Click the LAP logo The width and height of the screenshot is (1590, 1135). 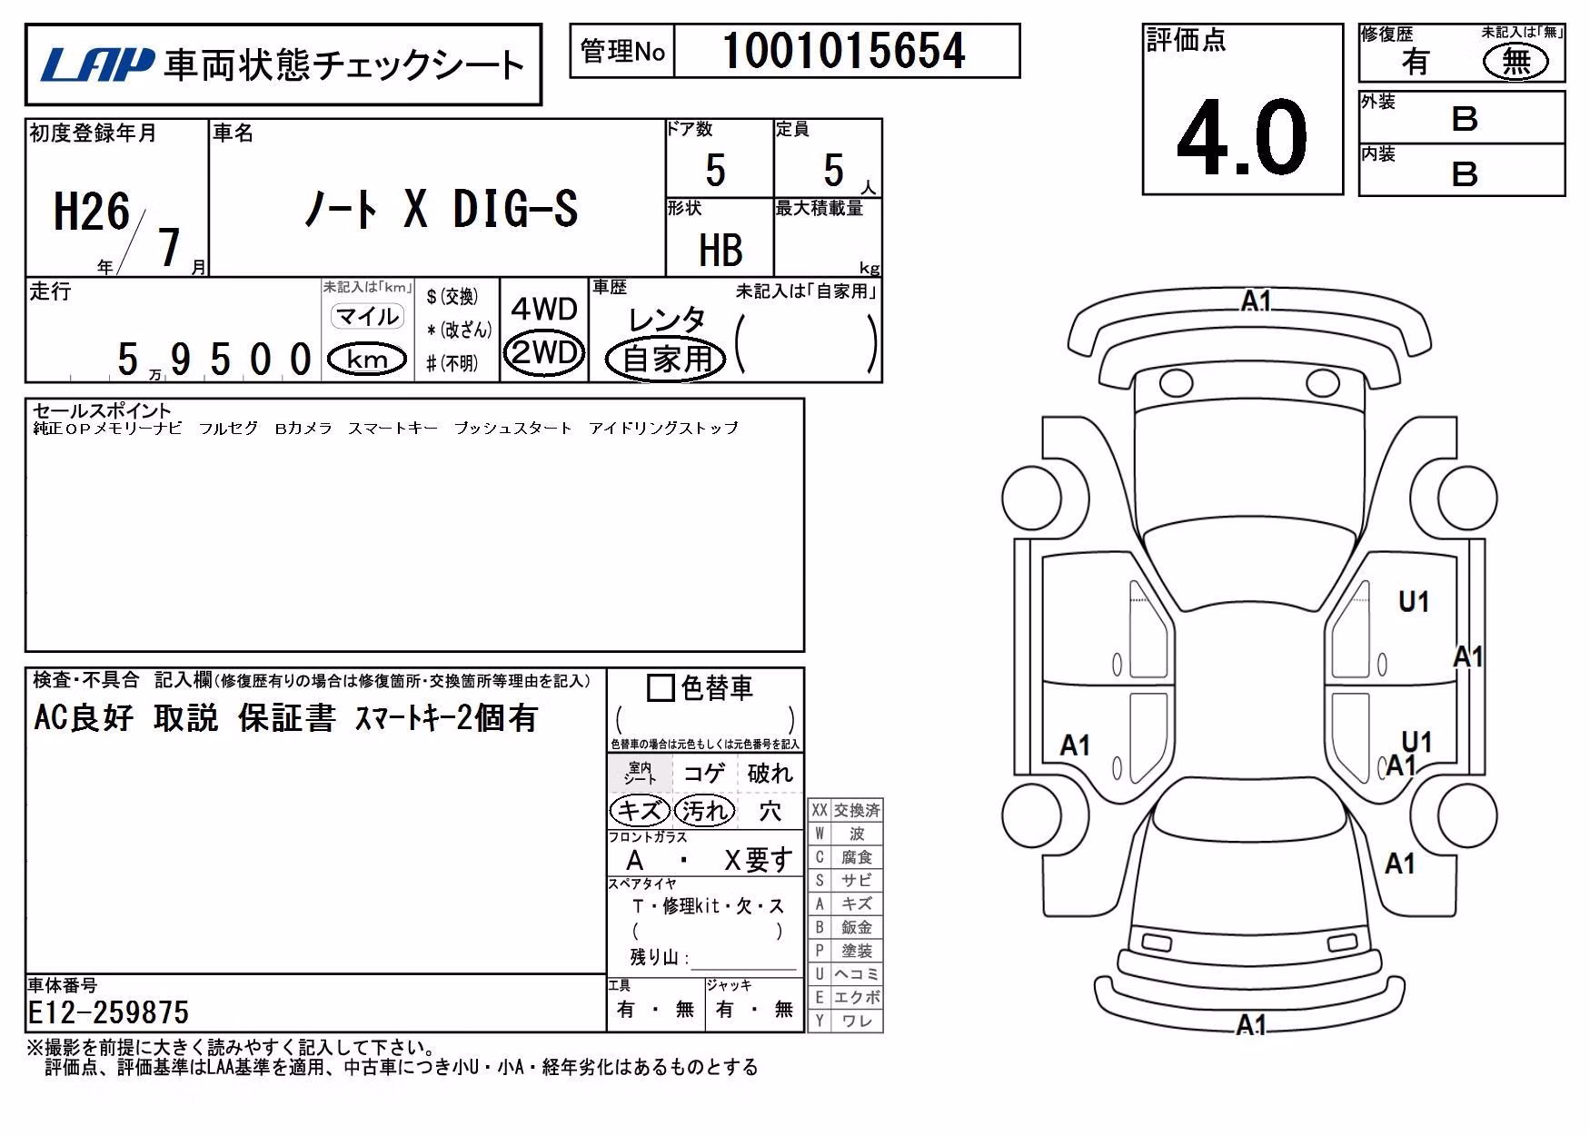tap(97, 64)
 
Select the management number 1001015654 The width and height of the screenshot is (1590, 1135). tap(844, 51)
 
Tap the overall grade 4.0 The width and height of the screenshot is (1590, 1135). tap(1242, 137)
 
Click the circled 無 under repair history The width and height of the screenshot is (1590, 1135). tap(1515, 62)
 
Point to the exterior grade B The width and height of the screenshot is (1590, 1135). tap(1465, 119)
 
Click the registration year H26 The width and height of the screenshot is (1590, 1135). tap(92, 212)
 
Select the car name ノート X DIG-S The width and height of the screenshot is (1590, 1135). tap(441, 210)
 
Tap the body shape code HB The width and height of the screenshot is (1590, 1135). tap(720, 250)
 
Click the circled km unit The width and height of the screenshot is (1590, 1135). tap(367, 360)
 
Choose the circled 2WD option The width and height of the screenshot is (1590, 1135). tap(544, 351)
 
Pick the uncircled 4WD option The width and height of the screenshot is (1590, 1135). tap(544, 309)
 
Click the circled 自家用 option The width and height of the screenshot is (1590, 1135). tap(667, 359)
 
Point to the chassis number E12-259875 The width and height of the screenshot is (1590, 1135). tap(108, 1012)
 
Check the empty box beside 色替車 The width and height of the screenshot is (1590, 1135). tap(661, 688)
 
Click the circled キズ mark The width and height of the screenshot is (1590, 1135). tap(640, 810)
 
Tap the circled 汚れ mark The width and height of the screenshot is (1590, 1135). tap(704, 810)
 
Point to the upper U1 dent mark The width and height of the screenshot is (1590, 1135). tap(1414, 601)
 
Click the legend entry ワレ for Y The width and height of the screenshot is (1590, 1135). tap(857, 1021)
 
